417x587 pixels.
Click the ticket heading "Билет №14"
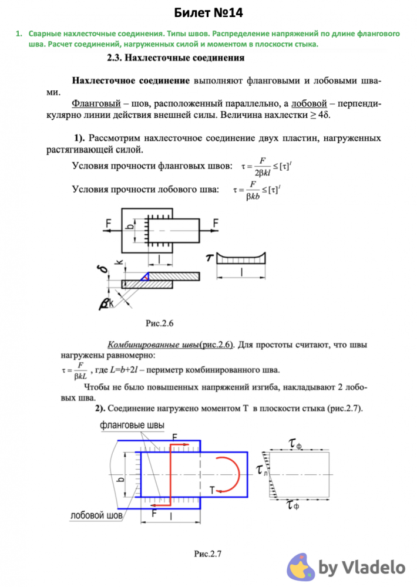pos(208,13)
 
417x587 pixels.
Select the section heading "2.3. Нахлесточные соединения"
pos(176,58)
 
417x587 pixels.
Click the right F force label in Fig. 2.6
pos(216,222)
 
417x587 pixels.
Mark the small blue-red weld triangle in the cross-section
pos(144,275)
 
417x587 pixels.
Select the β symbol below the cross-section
pos(105,303)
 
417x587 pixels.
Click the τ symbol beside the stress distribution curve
pos(208,257)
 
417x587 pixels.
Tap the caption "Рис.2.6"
pos(160,323)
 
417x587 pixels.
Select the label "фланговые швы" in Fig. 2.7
pos(132,425)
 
